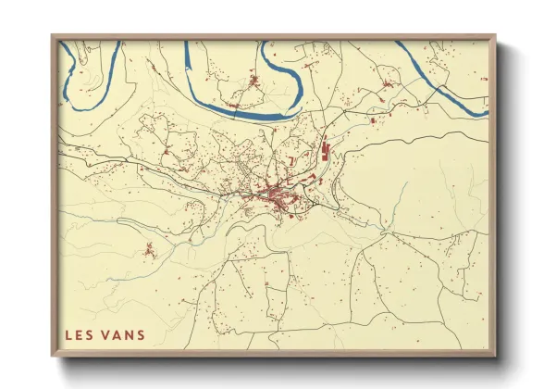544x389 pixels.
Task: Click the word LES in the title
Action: (x=79, y=334)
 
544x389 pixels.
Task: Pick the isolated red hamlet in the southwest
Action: (x=148, y=248)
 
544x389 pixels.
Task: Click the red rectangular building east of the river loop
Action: (x=372, y=120)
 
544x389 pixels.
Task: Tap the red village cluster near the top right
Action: (x=387, y=85)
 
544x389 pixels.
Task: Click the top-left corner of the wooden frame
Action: (x=53, y=37)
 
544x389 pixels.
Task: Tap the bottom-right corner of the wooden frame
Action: (x=496, y=356)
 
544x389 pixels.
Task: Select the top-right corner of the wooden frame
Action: (x=496, y=37)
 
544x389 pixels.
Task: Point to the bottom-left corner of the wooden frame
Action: (x=53, y=356)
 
